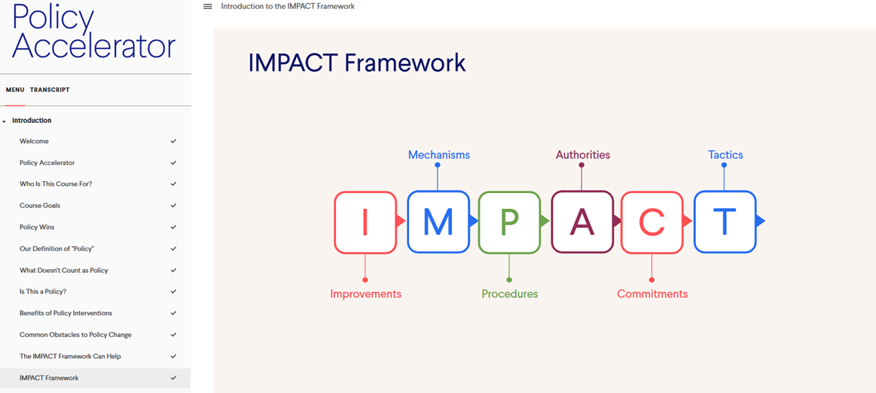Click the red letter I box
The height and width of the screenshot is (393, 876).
pyautogui.click(x=365, y=222)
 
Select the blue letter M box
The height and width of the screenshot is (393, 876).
pyautogui.click(x=438, y=222)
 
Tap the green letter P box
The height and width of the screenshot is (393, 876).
pyautogui.click(x=509, y=222)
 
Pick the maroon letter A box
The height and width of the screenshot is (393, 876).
pyautogui.click(x=582, y=222)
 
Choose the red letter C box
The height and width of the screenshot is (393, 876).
pyautogui.click(x=652, y=222)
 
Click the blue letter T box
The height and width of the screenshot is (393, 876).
pyautogui.click(x=725, y=222)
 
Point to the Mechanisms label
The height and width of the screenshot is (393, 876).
pyautogui.click(x=438, y=155)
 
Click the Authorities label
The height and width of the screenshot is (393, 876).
pyautogui.click(x=583, y=155)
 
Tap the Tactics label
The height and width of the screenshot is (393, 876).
pyautogui.click(x=725, y=155)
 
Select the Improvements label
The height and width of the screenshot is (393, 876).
pyautogui.click(x=365, y=294)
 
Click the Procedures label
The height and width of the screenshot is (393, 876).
pyautogui.click(x=509, y=294)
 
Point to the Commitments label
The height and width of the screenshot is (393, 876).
pyautogui.click(x=652, y=294)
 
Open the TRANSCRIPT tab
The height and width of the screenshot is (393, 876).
pyautogui.click(x=50, y=90)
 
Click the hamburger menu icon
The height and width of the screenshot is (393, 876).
pyautogui.click(x=208, y=6)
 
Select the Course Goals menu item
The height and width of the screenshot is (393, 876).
pyautogui.click(x=40, y=205)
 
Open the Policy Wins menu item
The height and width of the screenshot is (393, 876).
pyautogui.click(x=37, y=227)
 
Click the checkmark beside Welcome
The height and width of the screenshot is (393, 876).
pyautogui.click(x=173, y=141)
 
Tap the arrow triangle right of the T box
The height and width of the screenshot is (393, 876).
pyautogui.click(x=760, y=222)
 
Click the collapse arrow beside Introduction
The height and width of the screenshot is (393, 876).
pyautogui.click(x=5, y=121)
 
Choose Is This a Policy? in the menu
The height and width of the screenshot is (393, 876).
pyautogui.click(x=47, y=292)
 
